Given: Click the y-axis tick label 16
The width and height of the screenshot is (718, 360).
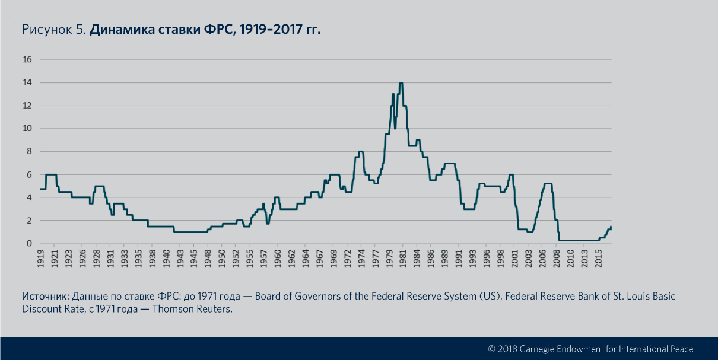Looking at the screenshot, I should pos(27,59).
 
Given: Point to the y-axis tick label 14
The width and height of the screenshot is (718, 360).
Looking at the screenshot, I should pos(27,82).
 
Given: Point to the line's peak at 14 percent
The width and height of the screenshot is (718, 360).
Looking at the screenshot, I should pos(401,83).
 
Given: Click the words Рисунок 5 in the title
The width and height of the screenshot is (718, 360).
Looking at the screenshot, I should pos(53,30).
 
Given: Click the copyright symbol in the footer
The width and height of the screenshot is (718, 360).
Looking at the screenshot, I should pos(491,349).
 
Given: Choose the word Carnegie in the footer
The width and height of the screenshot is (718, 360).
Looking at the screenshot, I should pos(544,349).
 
